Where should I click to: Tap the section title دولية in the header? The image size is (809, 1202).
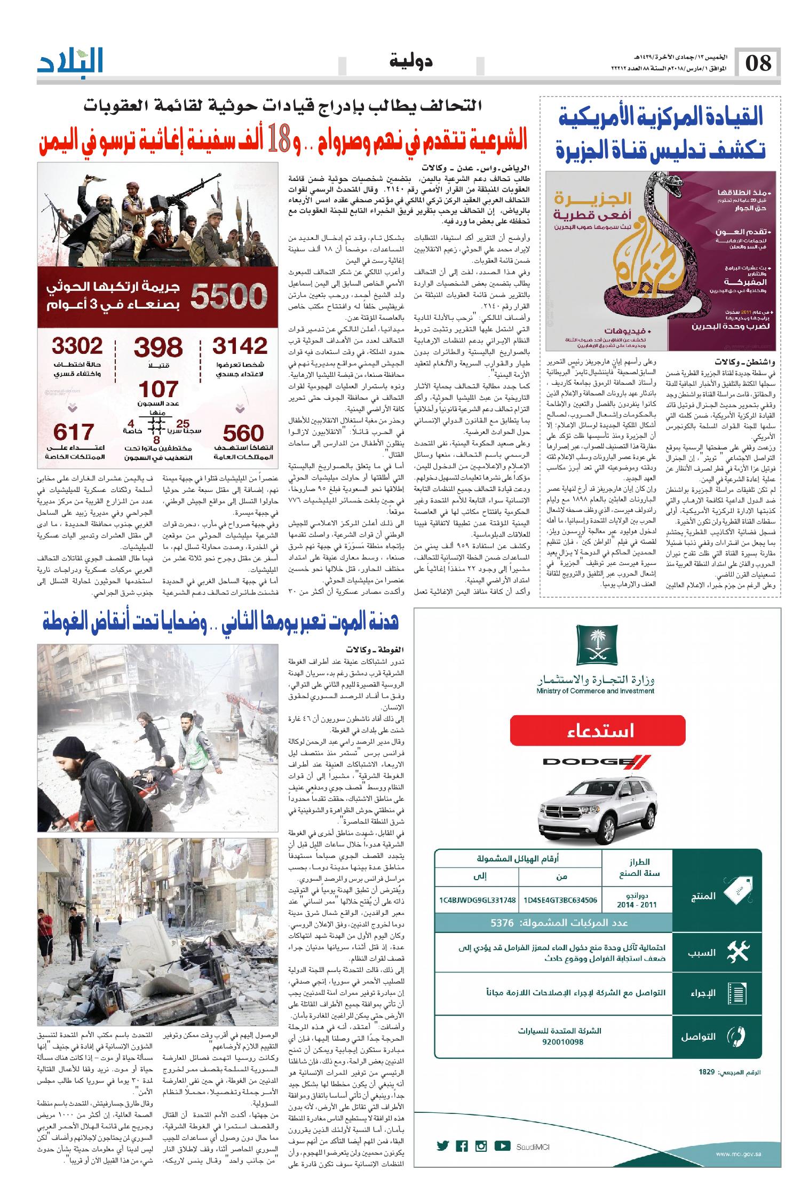point(412,61)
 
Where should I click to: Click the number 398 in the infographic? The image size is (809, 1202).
point(158,348)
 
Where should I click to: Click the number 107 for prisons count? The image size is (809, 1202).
point(158,388)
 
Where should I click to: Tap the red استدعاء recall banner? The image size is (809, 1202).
point(597,729)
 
